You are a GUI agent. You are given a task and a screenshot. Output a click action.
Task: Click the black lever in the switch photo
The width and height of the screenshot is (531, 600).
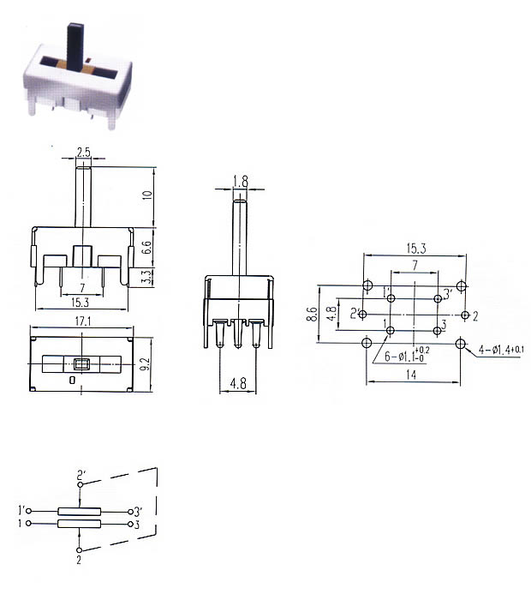pyautogui.click(x=75, y=47)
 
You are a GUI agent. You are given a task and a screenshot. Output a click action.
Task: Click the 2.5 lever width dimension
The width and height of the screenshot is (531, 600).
pyautogui.click(x=83, y=153)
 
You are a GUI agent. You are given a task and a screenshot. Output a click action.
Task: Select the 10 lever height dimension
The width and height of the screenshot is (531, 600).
pyautogui.click(x=147, y=195)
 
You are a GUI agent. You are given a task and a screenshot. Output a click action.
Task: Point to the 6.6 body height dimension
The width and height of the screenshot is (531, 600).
pyautogui.click(x=147, y=247)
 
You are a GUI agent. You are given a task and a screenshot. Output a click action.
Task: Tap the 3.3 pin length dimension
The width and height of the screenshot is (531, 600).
pyautogui.click(x=147, y=276)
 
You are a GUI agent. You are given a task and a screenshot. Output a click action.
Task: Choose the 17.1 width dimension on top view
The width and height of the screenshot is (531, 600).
pyautogui.click(x=83, y=321)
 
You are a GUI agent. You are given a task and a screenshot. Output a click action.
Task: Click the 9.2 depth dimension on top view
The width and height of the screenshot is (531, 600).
pyautogui.click(x=146, y=363)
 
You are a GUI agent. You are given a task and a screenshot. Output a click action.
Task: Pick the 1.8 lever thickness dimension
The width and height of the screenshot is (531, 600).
pyautogui.click(x=241, y=182)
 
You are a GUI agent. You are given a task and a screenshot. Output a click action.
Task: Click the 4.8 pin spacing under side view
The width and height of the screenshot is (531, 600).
pyautogui.click(x=238, y=383)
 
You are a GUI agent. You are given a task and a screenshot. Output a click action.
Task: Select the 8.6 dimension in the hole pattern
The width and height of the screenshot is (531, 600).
pyautogui.click(x=312, y=314)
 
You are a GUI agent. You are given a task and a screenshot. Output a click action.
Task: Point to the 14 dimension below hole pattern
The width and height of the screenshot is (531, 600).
pyautogui.click(x=411, y=375)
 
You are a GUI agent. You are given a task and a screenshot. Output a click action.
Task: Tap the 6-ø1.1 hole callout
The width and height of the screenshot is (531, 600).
pyautogui.click(x=406, y=356)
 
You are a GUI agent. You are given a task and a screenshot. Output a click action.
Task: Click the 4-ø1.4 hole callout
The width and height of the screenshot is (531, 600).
pyautogui.click(x=501, y=350)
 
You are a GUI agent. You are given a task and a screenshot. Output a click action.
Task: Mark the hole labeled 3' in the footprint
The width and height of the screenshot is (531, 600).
pyautogui.click(x=438, y=298)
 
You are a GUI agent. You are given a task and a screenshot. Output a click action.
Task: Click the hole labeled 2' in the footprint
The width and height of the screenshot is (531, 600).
pyautogui.click(x=363, y=315)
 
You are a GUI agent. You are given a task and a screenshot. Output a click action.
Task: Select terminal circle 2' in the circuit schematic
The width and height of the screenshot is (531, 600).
pyautogui.click(x=80, y=485)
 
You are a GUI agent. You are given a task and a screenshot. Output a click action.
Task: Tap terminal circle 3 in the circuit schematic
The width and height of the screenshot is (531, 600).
pyautogui.click(x=130, y=524)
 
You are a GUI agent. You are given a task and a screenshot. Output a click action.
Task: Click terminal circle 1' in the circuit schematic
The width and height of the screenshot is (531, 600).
pyautogui.click(x=28, y=511)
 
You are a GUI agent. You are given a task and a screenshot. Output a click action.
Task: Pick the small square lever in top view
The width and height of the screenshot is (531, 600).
pyautogui.click(x=81, y=364)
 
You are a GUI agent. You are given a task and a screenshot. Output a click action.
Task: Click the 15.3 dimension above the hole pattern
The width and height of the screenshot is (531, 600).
pyautogui.click(x=416, y=249)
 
